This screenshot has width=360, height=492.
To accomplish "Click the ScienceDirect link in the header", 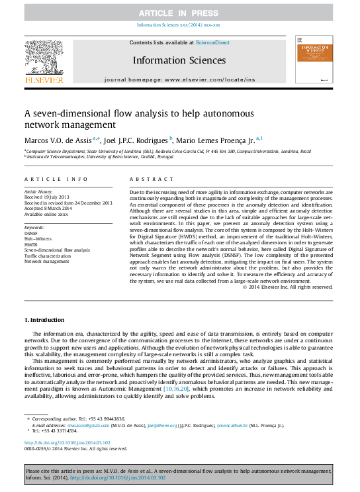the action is click(212, 42).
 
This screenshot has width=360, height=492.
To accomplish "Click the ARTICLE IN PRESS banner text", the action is click(180, 13).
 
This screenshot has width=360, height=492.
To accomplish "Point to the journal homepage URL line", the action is click(179, 79).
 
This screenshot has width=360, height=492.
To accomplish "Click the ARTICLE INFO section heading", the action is click(56, 179).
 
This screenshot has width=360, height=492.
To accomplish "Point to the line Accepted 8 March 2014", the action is click(48, 208).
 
